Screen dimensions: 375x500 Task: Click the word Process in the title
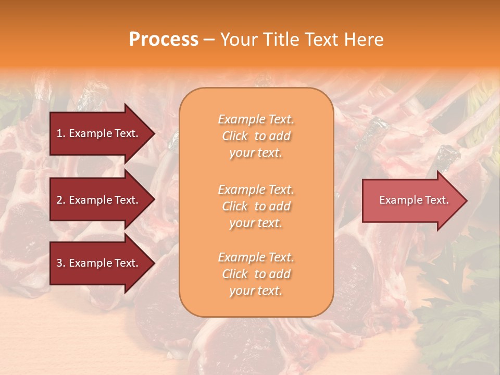[164, 40]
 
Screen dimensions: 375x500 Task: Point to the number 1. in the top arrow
[61, 133]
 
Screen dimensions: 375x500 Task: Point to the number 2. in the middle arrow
[61, 200]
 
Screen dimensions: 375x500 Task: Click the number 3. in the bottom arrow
[61, 263]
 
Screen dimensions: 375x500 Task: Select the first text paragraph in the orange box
[256, 136]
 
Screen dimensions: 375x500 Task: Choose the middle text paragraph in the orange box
[256, 206]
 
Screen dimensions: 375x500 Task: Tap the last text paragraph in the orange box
[256, 274]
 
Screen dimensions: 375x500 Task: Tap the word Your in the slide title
[239, 40]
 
